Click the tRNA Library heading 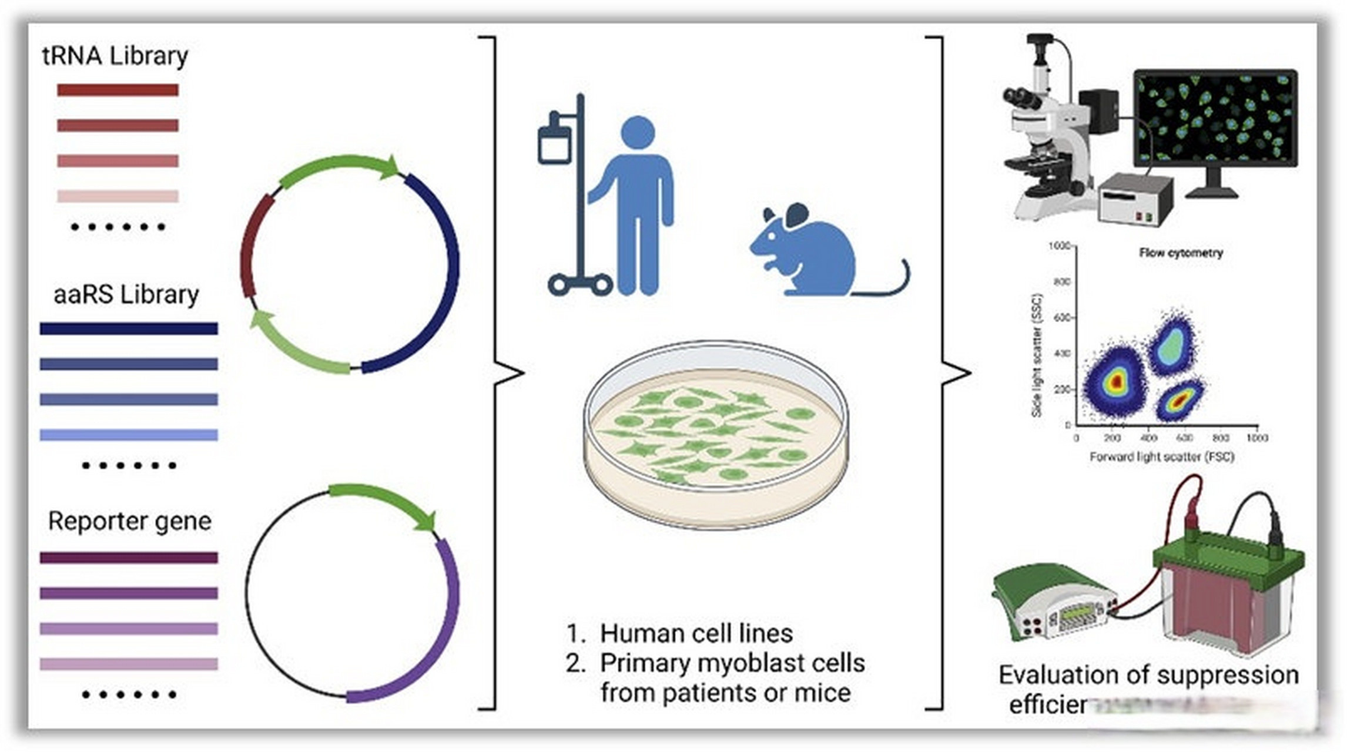[115, 56]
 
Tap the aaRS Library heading [126, 294]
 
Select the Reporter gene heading [129, 521]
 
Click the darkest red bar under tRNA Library [118, 90]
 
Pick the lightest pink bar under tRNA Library [118, 196]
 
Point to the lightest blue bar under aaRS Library [129, 435]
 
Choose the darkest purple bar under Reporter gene [129, 558]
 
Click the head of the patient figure [638, 132]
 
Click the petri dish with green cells [716, 435]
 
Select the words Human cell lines [696, 633]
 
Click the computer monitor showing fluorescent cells [1215, 117]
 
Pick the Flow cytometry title [1181, 253]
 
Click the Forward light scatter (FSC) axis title [1161, 456]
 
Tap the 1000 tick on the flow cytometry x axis [1256, 438]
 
